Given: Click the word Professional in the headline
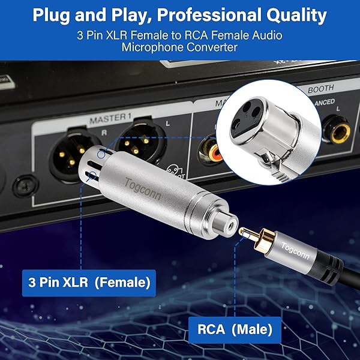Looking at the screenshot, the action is tap(209, 15).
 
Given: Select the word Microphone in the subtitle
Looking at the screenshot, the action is tap(152, 47).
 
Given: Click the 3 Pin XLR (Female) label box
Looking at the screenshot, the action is tap(89, 283).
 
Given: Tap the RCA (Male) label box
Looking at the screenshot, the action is tap(235, 329).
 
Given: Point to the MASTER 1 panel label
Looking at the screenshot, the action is tap(110, 118).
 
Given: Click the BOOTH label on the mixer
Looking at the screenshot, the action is tap(321, 89).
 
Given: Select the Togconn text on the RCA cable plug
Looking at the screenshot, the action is tap(295, 251).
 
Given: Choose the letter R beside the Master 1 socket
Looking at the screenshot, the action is tap(104, 133).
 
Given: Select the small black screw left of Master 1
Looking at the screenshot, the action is tap(25, 185).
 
